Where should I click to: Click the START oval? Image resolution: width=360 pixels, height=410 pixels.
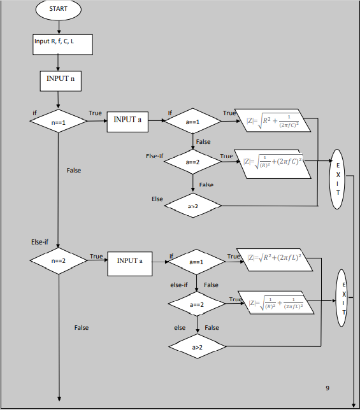click(59, 10)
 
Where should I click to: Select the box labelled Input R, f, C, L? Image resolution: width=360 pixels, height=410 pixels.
click(63, 44)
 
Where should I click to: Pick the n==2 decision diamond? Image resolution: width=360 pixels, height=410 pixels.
click(59, 261)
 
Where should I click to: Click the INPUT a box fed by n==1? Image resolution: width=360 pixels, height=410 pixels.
click(127, 120)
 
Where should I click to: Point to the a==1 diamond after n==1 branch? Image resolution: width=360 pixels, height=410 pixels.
click(192, 121)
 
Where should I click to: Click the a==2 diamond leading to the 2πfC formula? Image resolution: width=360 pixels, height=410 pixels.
click(192, 162)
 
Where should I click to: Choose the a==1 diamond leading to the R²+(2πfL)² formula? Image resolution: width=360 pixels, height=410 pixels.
click(196, 262)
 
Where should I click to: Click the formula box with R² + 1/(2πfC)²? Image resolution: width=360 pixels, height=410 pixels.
click(273, 120)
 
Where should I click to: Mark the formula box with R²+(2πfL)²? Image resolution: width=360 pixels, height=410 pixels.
click(274, 259)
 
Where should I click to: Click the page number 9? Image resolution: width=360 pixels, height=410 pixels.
click(327, 388)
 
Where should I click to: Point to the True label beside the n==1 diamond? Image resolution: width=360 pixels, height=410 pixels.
click(95, 113)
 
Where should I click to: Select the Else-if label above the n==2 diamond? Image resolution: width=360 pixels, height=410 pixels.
click(40, 242)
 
